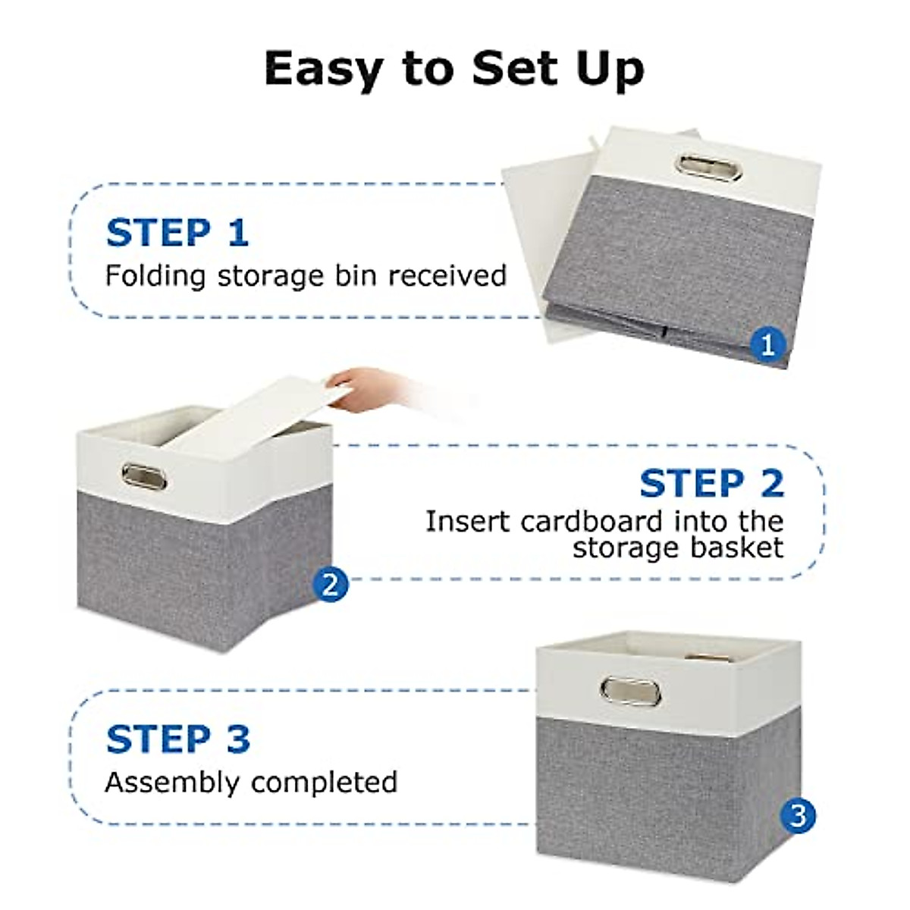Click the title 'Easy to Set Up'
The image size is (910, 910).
(x=454, y=70)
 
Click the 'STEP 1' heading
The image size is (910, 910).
(x=177, y=233)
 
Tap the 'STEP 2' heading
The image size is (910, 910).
(x=711, y=484)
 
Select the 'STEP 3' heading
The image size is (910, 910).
(x=178, y=739)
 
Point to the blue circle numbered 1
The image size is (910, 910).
(x=767, y=345)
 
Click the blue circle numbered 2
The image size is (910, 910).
(x=330, y=585)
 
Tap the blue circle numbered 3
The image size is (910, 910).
(x=798, y=816)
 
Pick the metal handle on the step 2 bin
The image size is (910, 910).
(x=143, y=478)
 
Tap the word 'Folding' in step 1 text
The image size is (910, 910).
(x=155, y=276)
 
